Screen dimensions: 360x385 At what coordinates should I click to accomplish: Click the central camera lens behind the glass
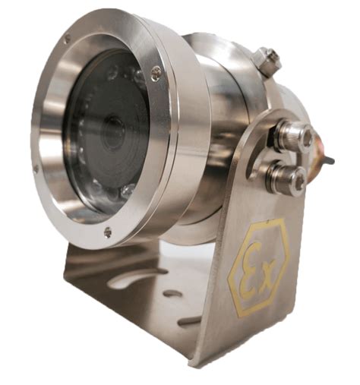pyautogui.click(x=113, y=134)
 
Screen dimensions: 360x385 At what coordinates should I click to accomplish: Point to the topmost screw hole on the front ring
pyautogui.click(x=66, y=39)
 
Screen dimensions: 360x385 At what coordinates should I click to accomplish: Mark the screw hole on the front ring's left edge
pyautogui.click(x=36, y=167)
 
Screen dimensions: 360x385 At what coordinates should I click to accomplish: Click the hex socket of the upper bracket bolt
pyautogui.click(x=308, y=134)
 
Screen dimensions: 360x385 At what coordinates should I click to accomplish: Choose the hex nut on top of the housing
pyautogui.click(x=268, y=62)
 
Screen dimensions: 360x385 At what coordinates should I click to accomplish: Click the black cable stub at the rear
pyautogui.click(x=329, y=159)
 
